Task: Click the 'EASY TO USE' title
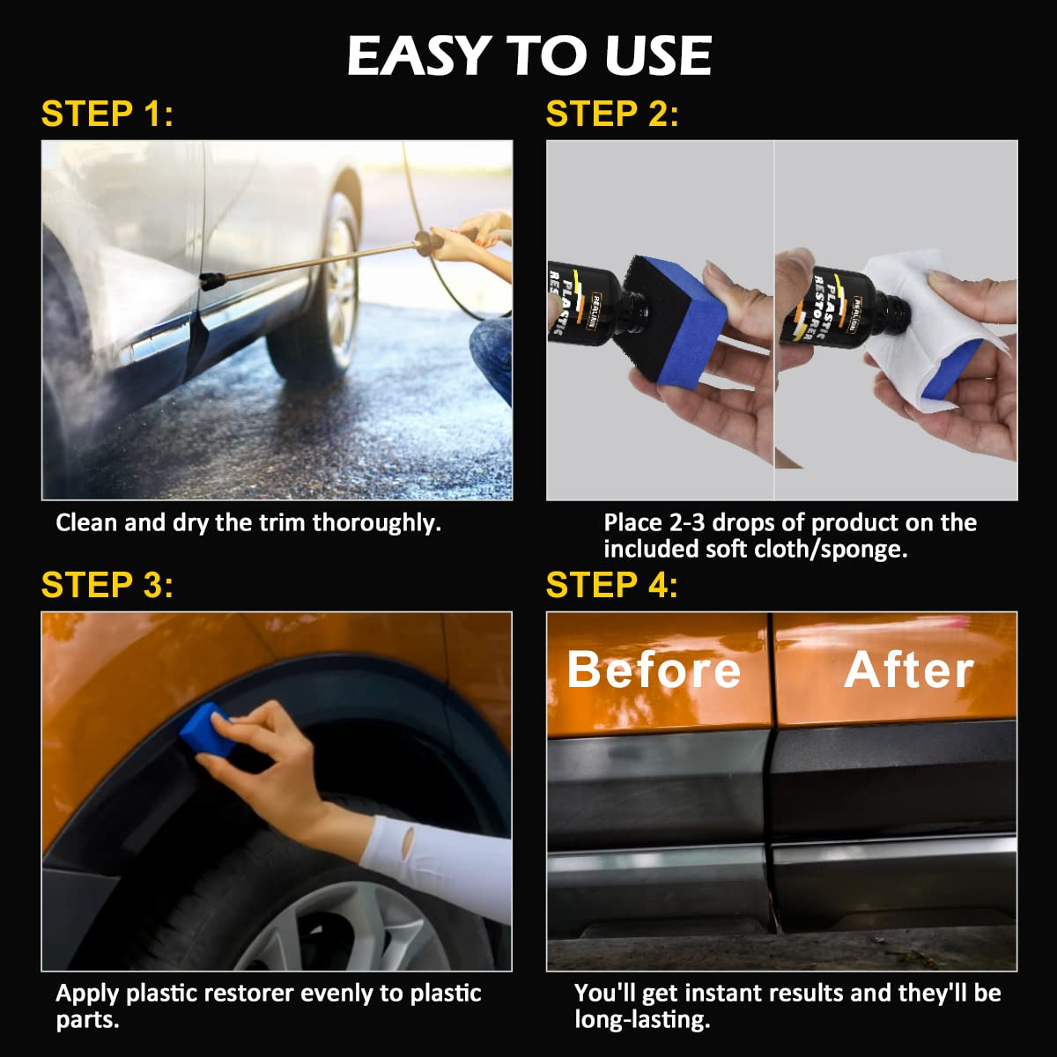(528, 56)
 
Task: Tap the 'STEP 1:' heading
(107, 115)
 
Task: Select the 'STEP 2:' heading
(612, 115)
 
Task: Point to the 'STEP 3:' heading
(107, 585)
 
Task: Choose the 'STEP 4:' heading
(612, 585)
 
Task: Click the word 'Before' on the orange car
(654, 669)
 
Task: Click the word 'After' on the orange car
(909, 669)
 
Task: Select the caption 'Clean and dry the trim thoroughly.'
(248, 523)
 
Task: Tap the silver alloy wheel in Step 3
(344, 934)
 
